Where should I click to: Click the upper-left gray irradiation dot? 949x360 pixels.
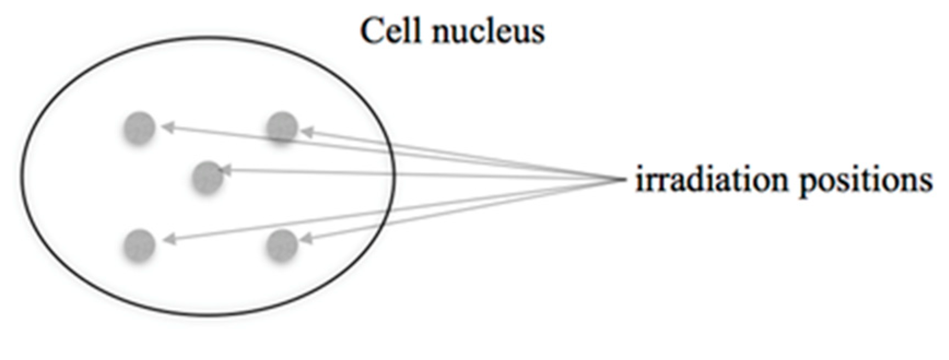tap(139, 128)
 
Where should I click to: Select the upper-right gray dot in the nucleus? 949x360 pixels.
tap(282, 128)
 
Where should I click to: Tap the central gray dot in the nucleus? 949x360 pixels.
tap(208, 177)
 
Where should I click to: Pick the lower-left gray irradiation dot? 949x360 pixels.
tap(139, 245)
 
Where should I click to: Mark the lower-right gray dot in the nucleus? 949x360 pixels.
tap(282, 245)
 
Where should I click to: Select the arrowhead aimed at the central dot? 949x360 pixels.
tap(225, 170)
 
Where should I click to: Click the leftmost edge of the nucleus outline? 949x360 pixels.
tap(22, 176)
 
